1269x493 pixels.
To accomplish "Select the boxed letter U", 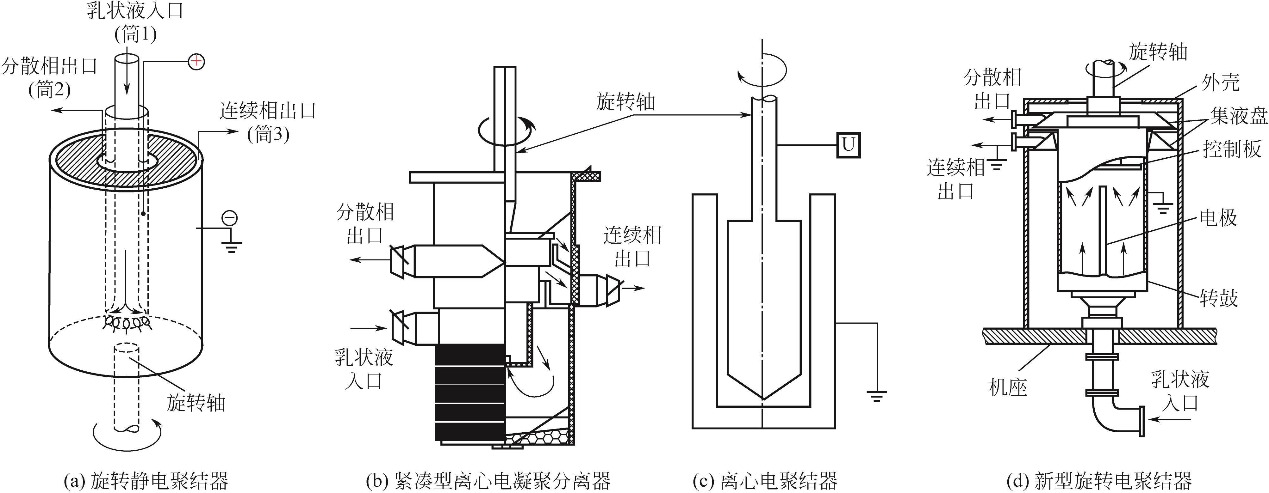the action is (x=848, y=145).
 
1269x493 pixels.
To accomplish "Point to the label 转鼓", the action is (x=1219, y=298).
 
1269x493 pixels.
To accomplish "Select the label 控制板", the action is (x=1232, y=149).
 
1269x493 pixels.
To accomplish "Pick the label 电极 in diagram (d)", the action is (x=1218, y=217).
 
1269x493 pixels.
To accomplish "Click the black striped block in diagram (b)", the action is (x=470, y=392).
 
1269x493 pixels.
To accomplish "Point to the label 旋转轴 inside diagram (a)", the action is (x=196, y=403).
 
